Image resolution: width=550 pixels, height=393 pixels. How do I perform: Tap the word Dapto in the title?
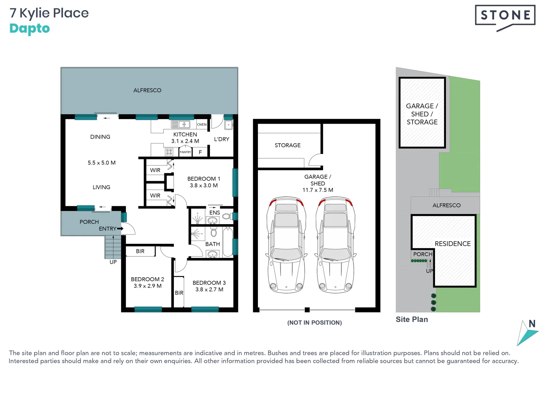29,29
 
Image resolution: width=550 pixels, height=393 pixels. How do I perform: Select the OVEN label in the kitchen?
202,124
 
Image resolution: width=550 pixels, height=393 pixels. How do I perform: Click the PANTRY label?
185,152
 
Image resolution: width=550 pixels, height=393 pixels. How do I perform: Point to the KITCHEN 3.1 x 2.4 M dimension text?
185,141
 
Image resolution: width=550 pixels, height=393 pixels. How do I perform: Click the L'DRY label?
222,139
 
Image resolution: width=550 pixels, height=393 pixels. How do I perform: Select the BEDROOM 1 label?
204,179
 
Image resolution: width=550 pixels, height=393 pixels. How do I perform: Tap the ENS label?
215,213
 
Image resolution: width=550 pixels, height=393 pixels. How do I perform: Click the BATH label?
212,244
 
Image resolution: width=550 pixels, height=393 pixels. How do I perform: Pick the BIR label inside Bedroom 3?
179,293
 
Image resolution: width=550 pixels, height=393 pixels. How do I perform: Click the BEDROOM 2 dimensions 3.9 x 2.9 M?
147,286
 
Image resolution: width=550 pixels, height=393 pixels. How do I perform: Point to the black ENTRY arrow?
120,229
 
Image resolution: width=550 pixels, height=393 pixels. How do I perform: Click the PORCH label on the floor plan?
89,222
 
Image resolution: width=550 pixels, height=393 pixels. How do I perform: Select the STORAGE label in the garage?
287,145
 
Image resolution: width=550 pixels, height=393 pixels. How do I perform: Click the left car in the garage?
286,245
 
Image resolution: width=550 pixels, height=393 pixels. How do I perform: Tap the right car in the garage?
335,245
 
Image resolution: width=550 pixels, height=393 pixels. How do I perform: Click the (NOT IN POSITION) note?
314,323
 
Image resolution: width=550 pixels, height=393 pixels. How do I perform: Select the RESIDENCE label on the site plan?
453,244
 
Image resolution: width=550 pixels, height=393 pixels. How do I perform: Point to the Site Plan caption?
412,319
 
